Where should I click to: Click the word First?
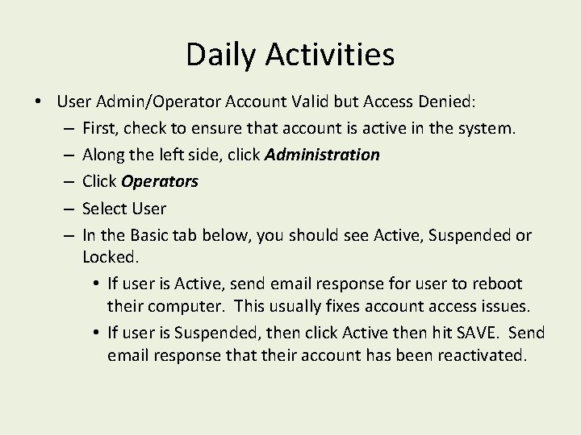click(x=102, y=128)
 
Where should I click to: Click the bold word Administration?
click(x=320, y=155)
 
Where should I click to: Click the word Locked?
click(x=111, y=257)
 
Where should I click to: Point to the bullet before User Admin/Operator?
click(x=39, y=102)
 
